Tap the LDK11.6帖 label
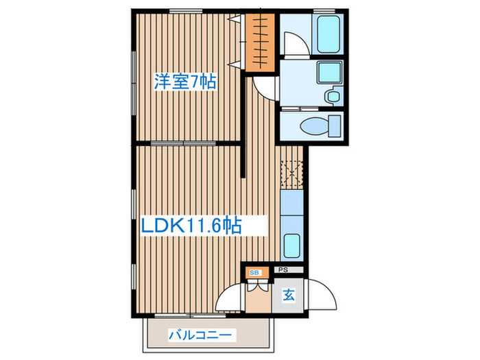point(191,225)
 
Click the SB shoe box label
point(255,273)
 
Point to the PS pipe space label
point(281,270)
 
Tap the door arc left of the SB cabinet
point(230,299)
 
